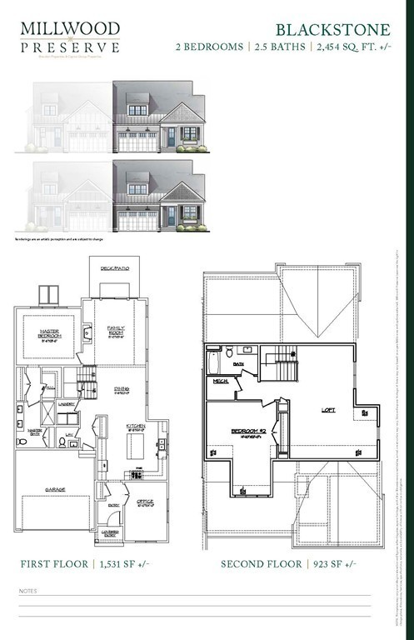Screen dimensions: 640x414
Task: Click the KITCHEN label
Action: pyautogui.click(x=135, y=426)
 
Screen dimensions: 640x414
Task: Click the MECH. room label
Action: pyautogui.click(x=221, y=381)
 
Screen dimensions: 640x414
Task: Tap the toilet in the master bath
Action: pyautogui.click(x=22, y=441)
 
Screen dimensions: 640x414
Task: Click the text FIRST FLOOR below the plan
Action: pyautogui.click(x=54, y=564)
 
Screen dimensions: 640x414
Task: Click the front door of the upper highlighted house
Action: pyautogui.click(x=172, y=138)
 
